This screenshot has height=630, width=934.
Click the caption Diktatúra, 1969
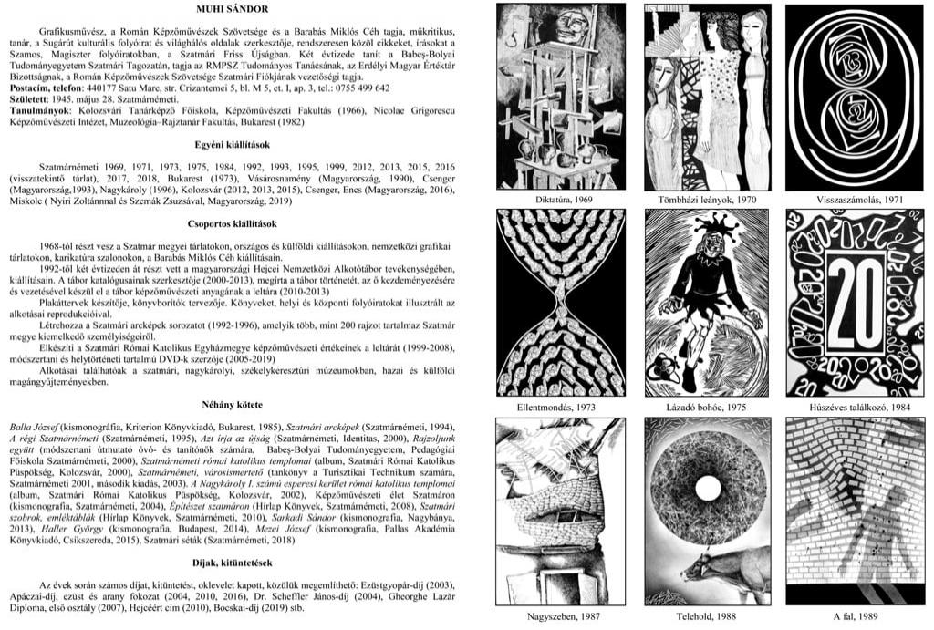[x=560, y=199]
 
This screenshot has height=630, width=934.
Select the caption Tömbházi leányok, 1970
[x=707, y=199]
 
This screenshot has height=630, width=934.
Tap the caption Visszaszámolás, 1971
[x=854, y=199]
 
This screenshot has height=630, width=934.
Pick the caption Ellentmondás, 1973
[x=560, y=406]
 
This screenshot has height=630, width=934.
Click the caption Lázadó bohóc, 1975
[x=707, y=406]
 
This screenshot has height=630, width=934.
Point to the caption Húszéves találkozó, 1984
[x=854, y=406]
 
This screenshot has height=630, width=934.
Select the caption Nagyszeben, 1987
[x=560, y=616]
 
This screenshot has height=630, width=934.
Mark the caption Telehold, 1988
[x=707, y=616]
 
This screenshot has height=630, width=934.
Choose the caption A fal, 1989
[x=854, y=616]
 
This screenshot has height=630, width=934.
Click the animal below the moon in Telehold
[x=721, y=570]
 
